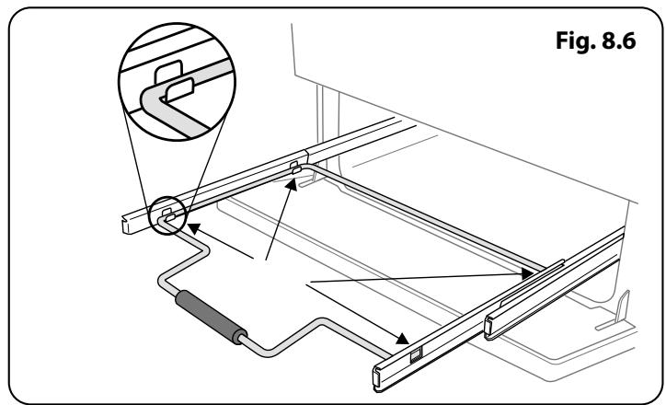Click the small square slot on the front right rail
417,353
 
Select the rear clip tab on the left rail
293,168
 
